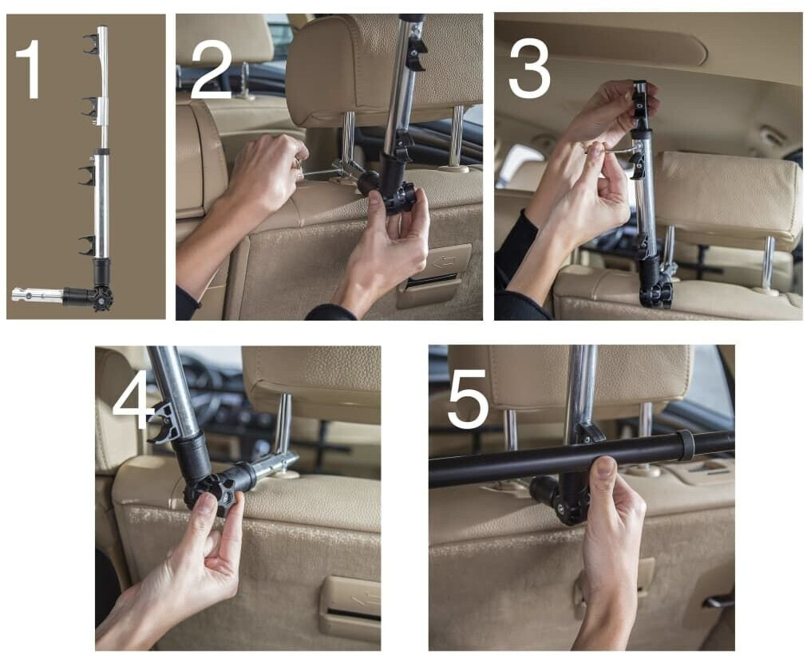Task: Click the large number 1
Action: coord(30,69)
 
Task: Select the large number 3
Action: coord(529,69)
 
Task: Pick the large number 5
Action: coord(468,398)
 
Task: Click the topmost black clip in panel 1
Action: coord(91,44)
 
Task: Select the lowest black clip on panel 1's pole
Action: coord(88,245)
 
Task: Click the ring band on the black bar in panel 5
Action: coord(686,444)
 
